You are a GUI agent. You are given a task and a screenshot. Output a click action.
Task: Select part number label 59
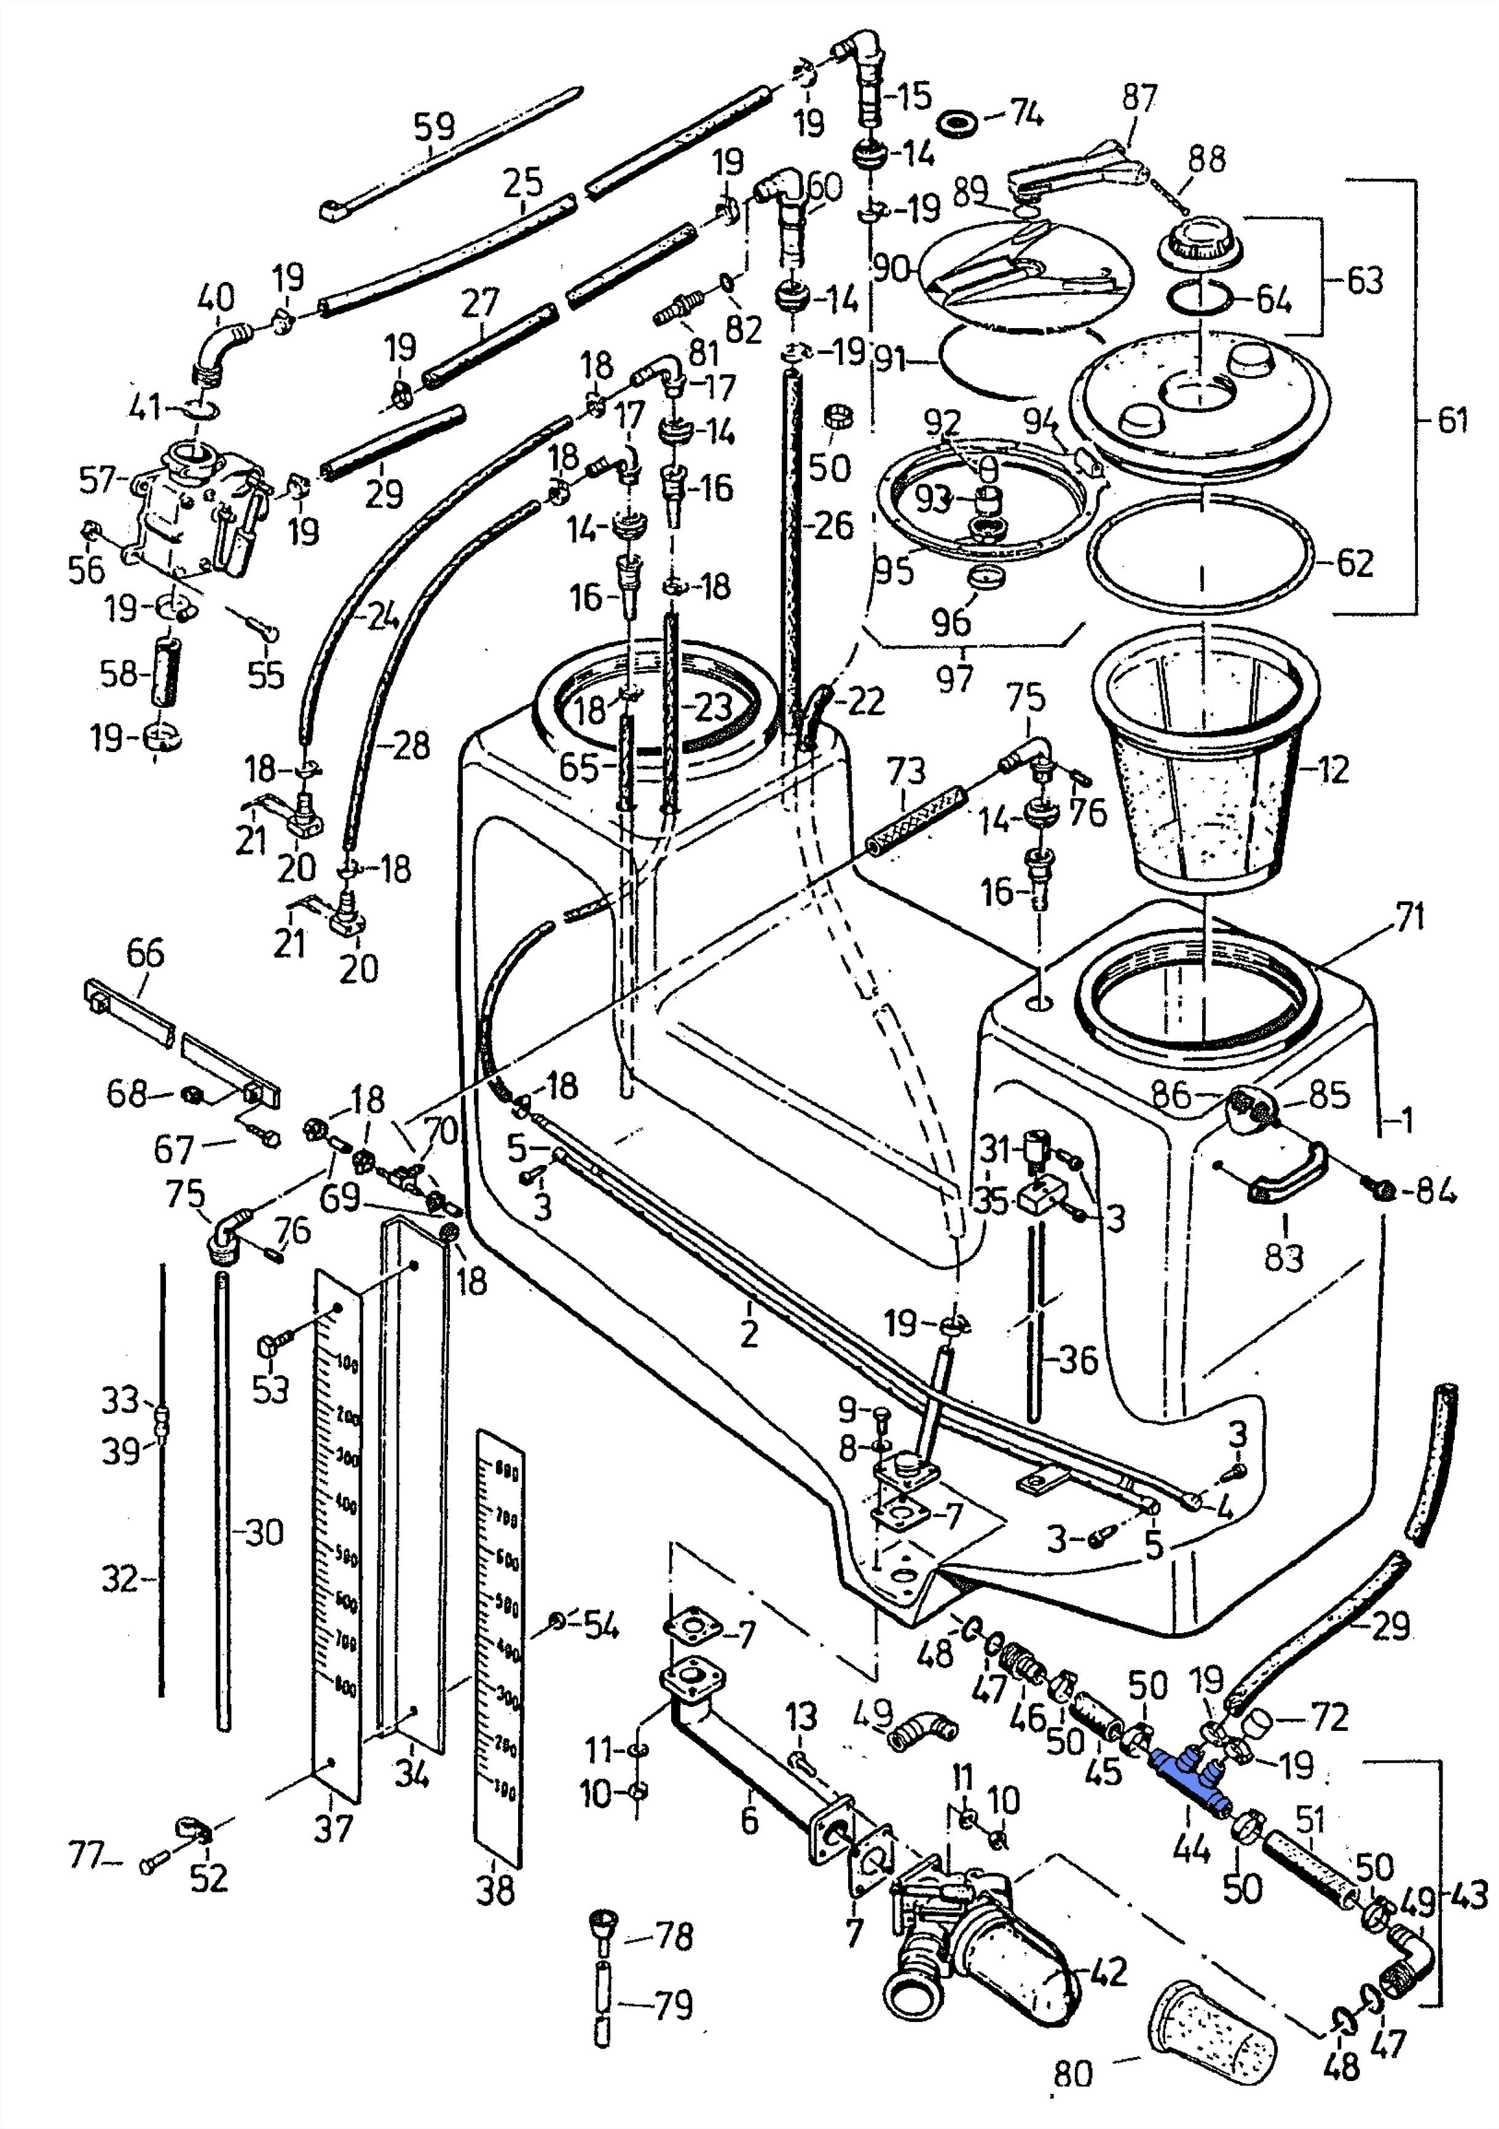(434, 126)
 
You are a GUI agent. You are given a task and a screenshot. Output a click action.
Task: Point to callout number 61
(1453, 420)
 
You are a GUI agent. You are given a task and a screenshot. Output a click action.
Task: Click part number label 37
(333, 1828)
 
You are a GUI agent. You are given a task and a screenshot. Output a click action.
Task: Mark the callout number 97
(954, 678)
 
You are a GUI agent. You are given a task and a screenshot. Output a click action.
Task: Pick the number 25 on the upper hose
(522, 182)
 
